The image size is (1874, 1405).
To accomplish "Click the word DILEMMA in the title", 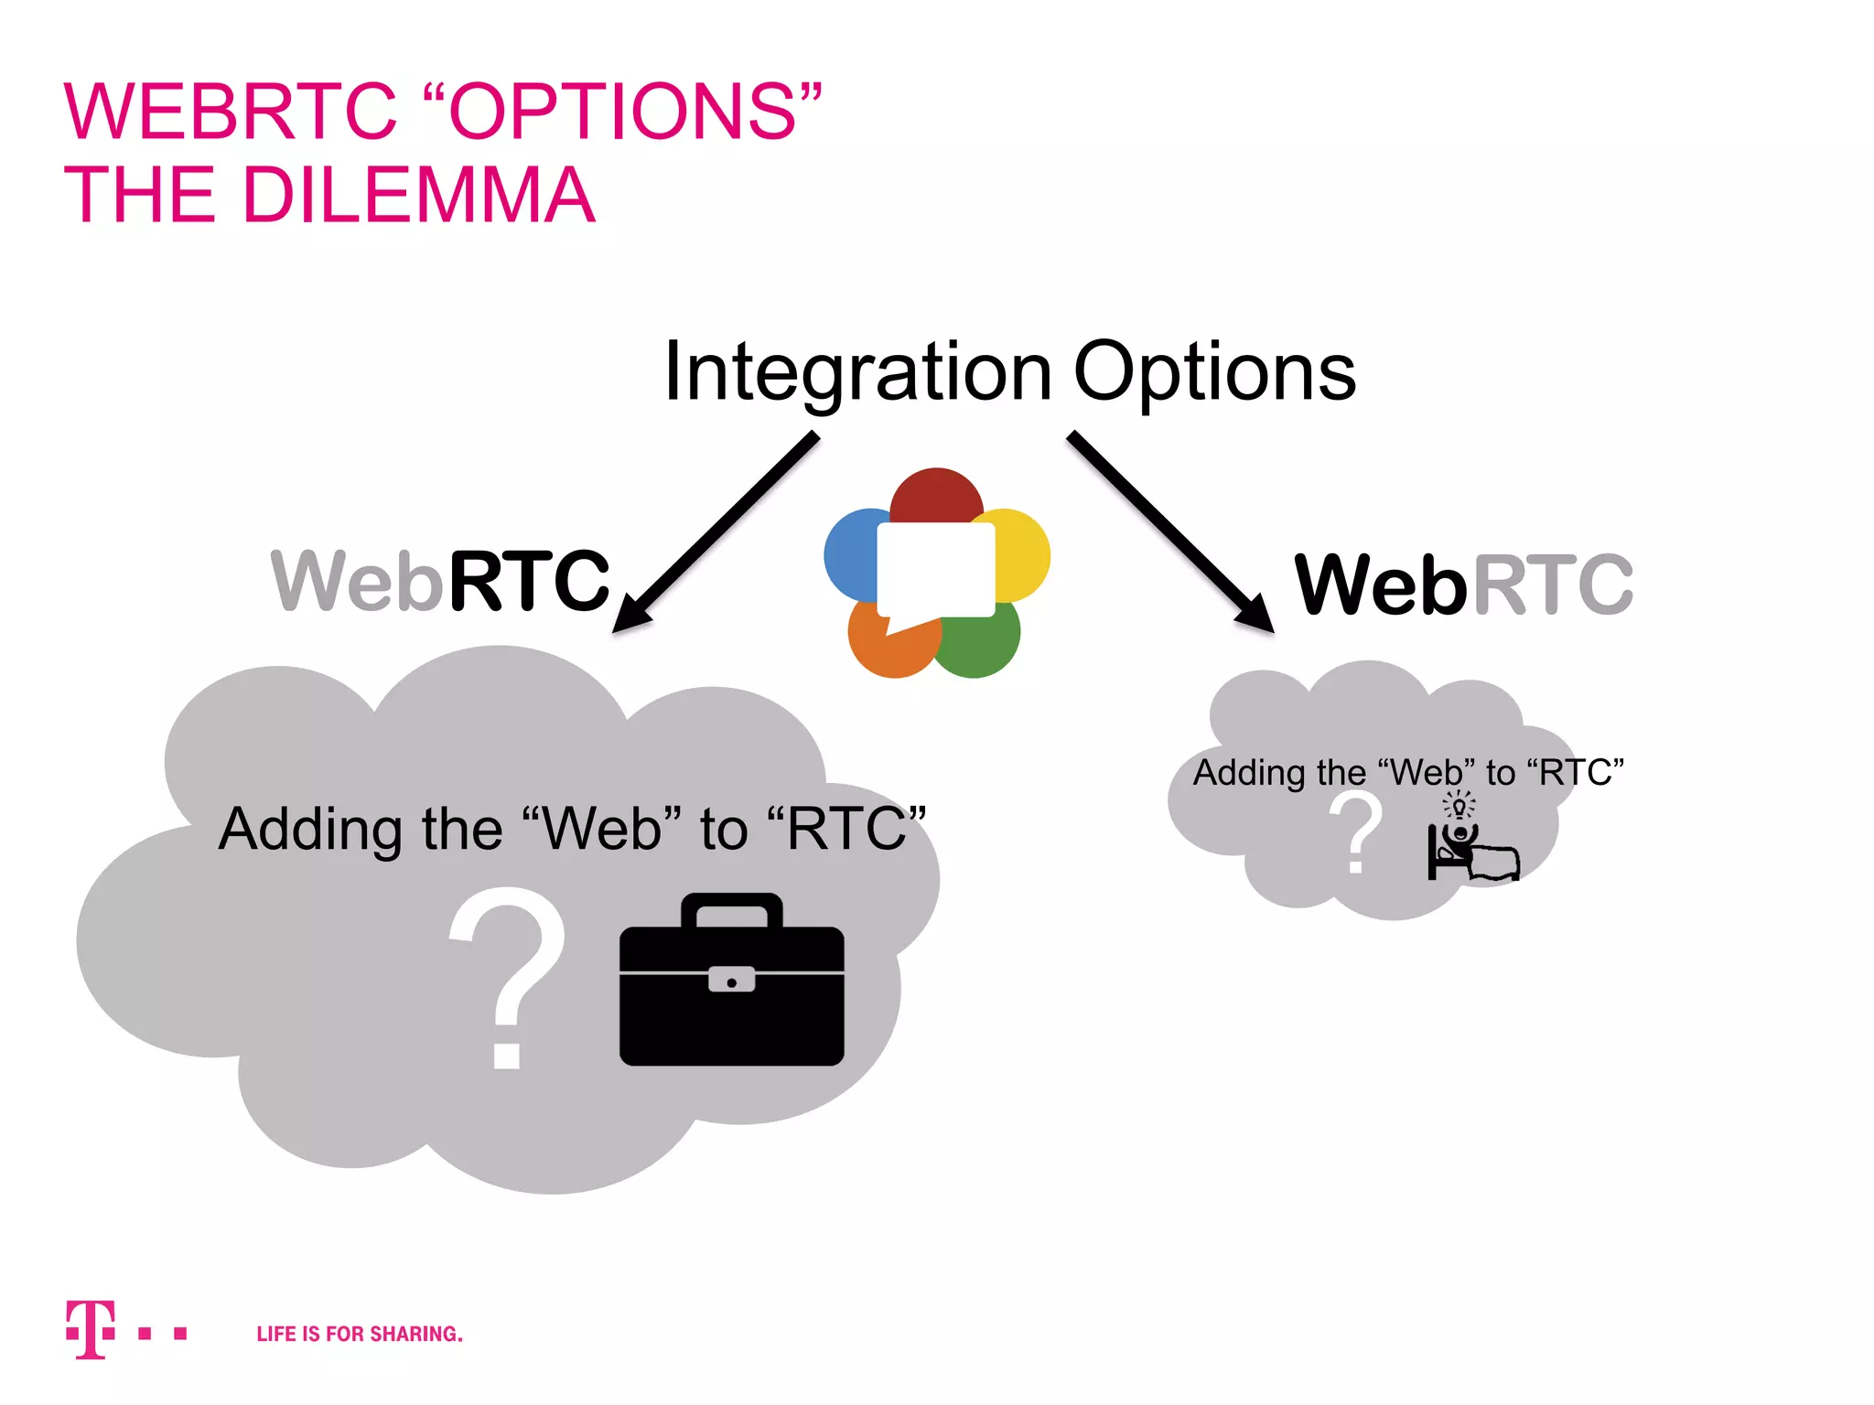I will click(x=418, y=195).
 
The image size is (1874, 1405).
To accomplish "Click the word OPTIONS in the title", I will click(x=623, y=112).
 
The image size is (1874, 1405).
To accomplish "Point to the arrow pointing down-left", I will click(x=714, y=533).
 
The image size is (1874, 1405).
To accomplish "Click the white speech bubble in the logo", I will click(x=935, y=569).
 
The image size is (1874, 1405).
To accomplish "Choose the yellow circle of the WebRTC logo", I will click(x=1023, y=553).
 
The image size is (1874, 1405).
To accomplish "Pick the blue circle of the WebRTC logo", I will click(x=849, y=553).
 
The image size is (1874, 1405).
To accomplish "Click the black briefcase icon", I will click(x=731, y=997).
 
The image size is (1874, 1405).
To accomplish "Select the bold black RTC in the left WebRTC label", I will click(x=528, y=581).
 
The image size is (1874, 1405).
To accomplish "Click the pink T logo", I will click(x=91, y=1328).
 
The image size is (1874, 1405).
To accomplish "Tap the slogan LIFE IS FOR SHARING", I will click(x=360, y=1334).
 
